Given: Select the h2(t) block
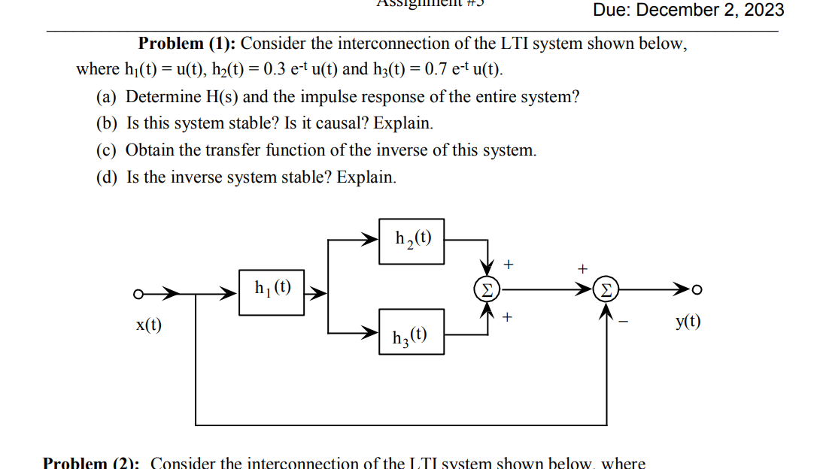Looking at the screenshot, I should point(411,241).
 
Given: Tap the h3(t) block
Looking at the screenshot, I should point(411,333).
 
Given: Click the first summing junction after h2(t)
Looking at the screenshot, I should point(487,289).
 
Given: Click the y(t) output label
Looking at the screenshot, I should point(688,322).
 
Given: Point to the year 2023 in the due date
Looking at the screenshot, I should point(764,11).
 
